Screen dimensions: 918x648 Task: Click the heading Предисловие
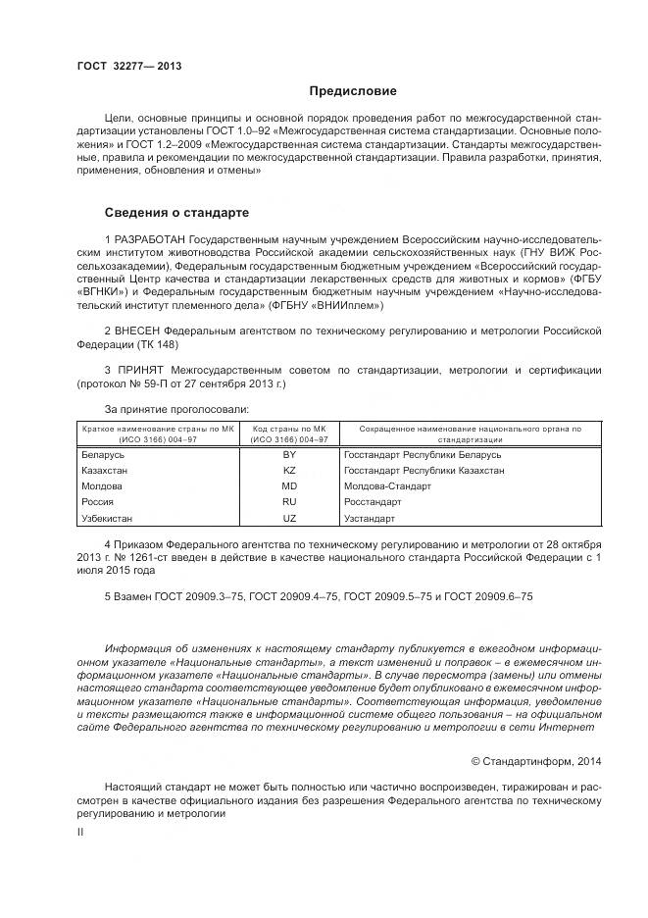pyautogui.click(x=353, y=91)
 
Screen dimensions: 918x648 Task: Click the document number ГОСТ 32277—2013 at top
pyautogui.click(x=129, y=67)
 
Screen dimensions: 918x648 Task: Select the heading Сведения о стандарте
pyautogui.click(x=177, y=212)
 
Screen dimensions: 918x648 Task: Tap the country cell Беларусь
pyautogui.click(x=103, y=455)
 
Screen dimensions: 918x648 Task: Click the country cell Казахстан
pyautogui.click(x=105, y=471)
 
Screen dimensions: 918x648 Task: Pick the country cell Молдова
pyautogui.click(x=103, y=486)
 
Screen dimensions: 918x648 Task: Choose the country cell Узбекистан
pyautogui.click(x=107, y=518)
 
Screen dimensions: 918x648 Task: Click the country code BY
pyautogui.click(x=289, y=455)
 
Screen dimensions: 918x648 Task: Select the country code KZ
pyautogui.click(x=289, y=471)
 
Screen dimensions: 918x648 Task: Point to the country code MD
pyautogui.click(x=289, y=486)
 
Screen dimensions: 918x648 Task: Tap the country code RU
pyautogui.click(x=289, y=502)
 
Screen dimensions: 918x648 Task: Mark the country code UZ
pyautogui.click(x=289, y=518)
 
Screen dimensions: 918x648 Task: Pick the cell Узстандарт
pyautogui.click(x=370, y=518)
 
